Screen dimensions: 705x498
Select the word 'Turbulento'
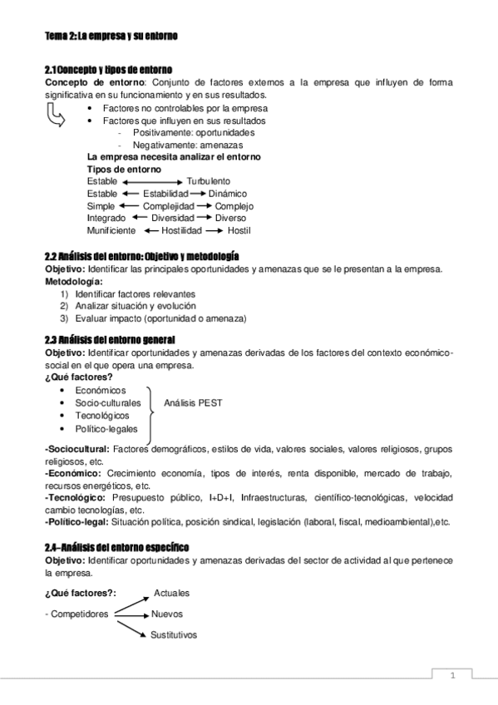pyautogui.click(x=208, y=180)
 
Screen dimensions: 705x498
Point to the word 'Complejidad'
pyautogui.click(x=168, y=205)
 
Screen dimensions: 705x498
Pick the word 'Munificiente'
pyautogui.click(x=111, y=230)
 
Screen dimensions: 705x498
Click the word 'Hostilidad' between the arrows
pyautogui.click(x=182, y=230)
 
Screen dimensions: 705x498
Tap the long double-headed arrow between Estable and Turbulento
pyautogui.click(x=151, y=180)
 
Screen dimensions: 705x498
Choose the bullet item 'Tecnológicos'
pyautogui.click(x=101, y=415)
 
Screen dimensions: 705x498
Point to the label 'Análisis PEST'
pyautogui.click(x=193, y=402)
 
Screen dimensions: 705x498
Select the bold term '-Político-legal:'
pyautogui.click(x=76, y=521)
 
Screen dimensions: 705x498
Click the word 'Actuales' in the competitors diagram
pyautogui.click(x=171, y=593)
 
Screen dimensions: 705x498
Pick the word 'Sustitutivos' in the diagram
pyautogui.click(x=174, y=635)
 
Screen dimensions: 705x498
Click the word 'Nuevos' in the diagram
pyautogui.click(x=166, y=614)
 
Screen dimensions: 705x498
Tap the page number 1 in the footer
pyautogui.click(x=452, y=675)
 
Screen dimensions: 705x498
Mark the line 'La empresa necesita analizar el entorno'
pyautogui.click(x=174, y=156)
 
